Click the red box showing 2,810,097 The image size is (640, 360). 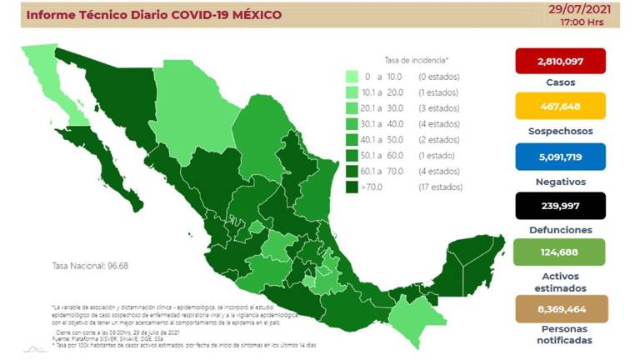tap(560, 61)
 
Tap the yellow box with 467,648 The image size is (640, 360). tap(560, 107)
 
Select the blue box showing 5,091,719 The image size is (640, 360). tap(560, 155)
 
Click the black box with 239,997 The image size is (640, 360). tap(560, 204)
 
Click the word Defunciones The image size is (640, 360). tap(560, 229)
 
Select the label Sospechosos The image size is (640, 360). tap(560, 131)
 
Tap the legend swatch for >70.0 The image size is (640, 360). tap(353, 188)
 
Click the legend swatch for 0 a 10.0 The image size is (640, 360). tap(353, 77)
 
